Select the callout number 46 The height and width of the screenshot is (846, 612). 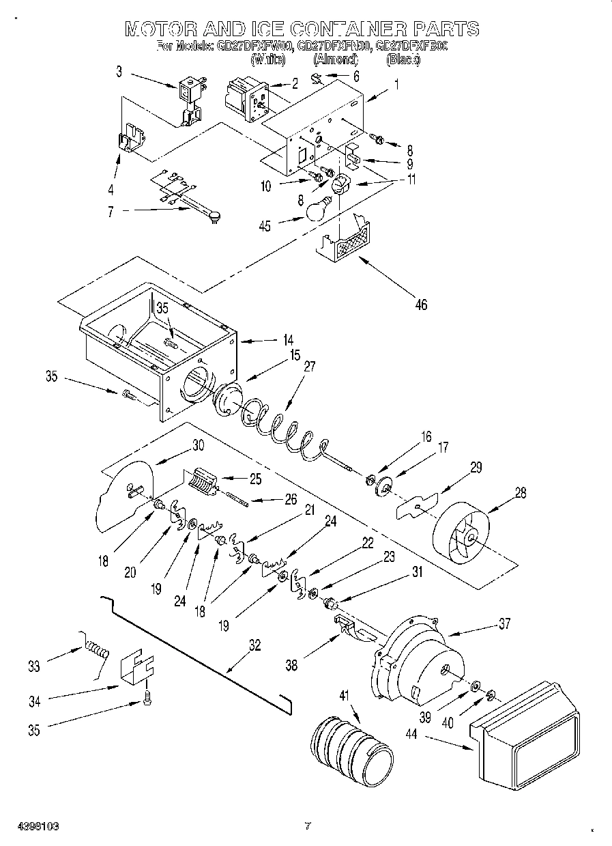[421, 305]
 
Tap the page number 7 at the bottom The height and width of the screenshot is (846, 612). [307, 826]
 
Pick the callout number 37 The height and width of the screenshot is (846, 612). [504, 623]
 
